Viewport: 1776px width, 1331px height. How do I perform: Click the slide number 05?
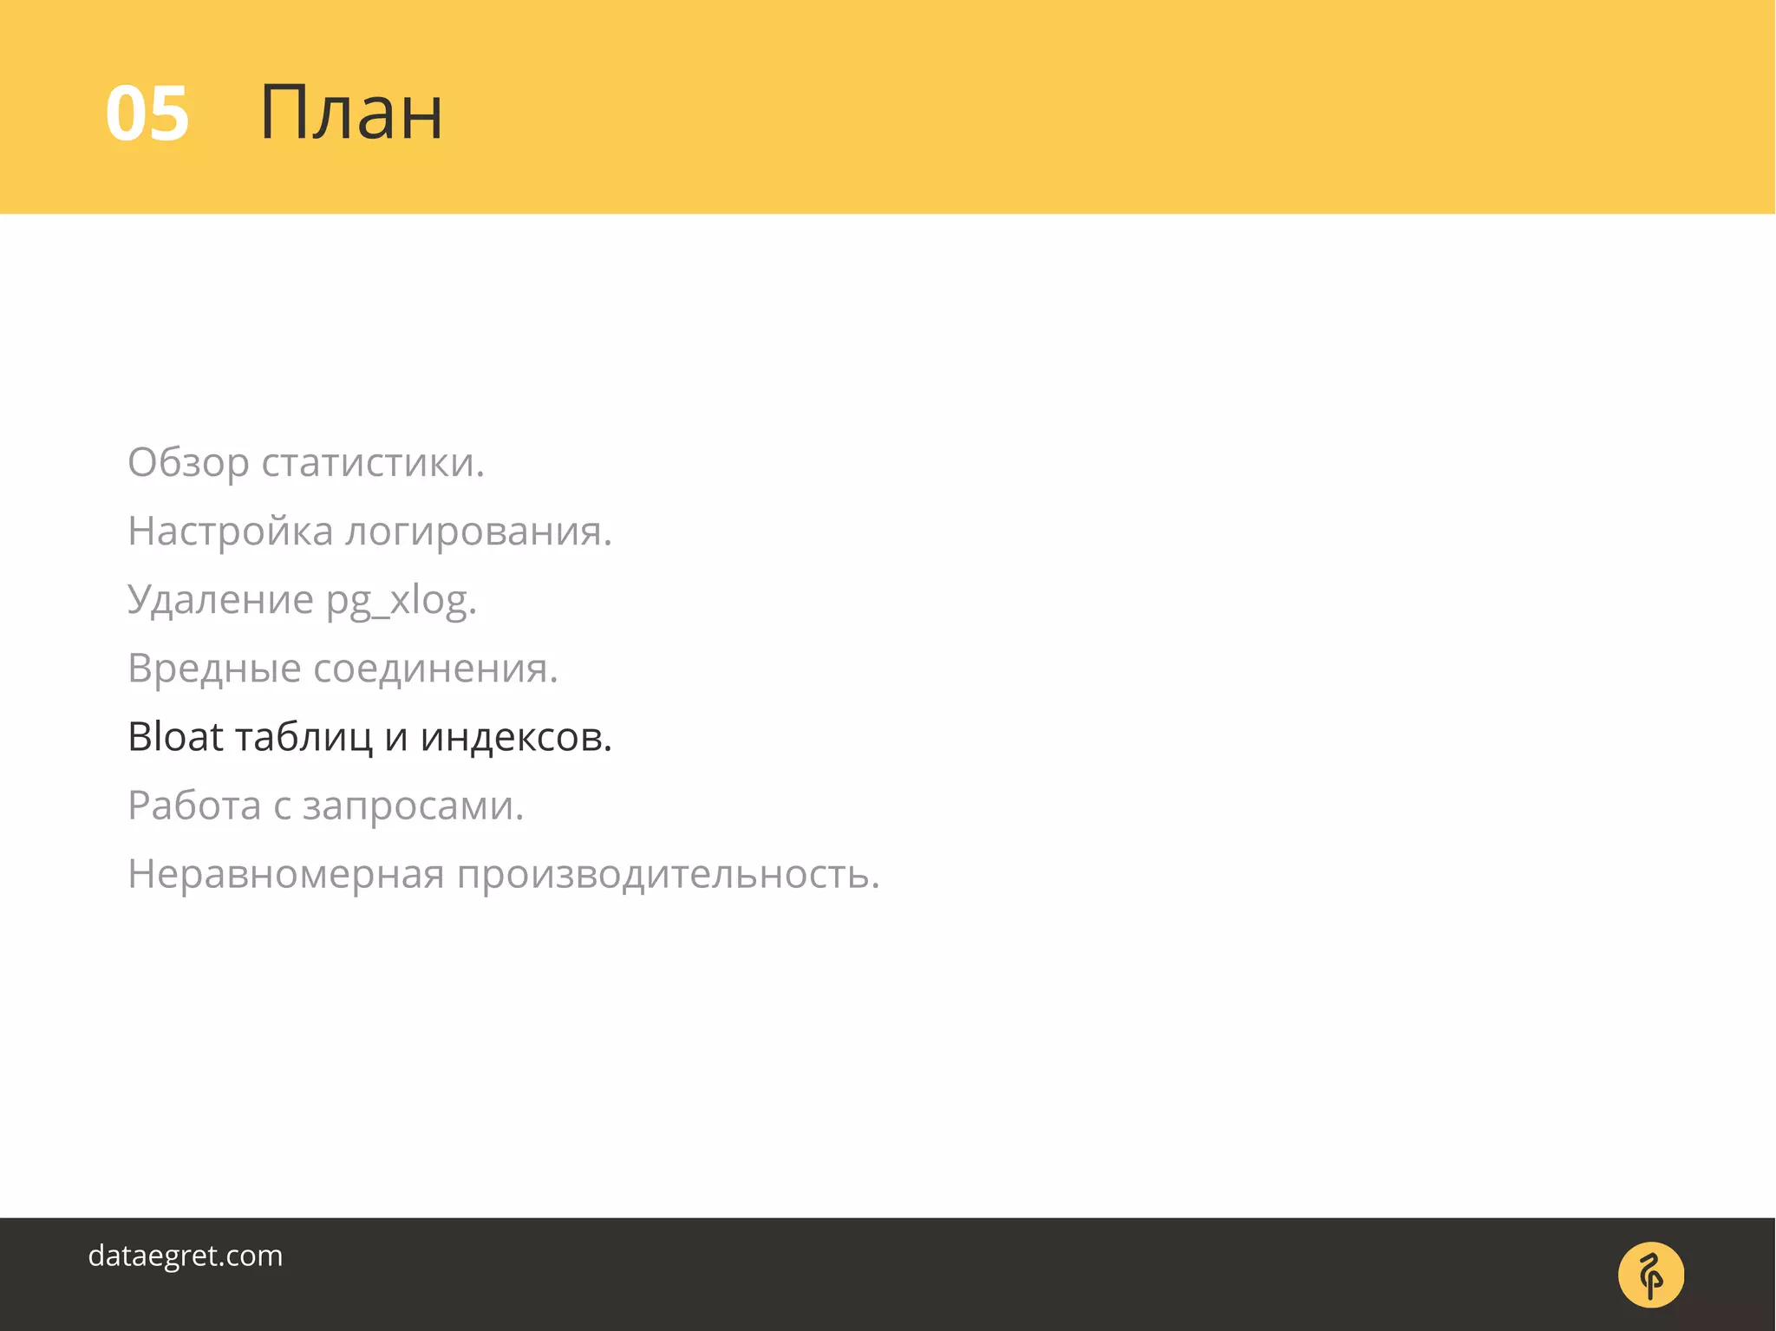[147, 114]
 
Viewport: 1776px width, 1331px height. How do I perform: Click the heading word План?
[351, 113]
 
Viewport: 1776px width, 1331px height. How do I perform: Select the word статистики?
[373, 463]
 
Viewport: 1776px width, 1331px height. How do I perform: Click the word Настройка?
[230, 532]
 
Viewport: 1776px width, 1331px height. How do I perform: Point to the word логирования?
[479, 532]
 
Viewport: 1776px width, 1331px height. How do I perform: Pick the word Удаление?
[220, 600]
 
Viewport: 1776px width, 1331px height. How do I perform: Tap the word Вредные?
[214, 669]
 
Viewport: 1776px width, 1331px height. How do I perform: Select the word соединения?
[435, 669]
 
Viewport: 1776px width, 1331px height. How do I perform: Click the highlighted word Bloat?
[175, 737]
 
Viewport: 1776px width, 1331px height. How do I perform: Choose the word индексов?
[516, 737]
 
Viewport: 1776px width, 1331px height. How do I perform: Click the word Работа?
[194, 806]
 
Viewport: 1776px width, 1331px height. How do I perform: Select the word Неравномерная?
[286, 874]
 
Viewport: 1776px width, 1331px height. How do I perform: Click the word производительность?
[668, 874]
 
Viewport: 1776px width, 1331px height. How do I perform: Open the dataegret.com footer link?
[186, 1256]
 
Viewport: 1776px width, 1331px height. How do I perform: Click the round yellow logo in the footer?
[1650, 1275]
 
